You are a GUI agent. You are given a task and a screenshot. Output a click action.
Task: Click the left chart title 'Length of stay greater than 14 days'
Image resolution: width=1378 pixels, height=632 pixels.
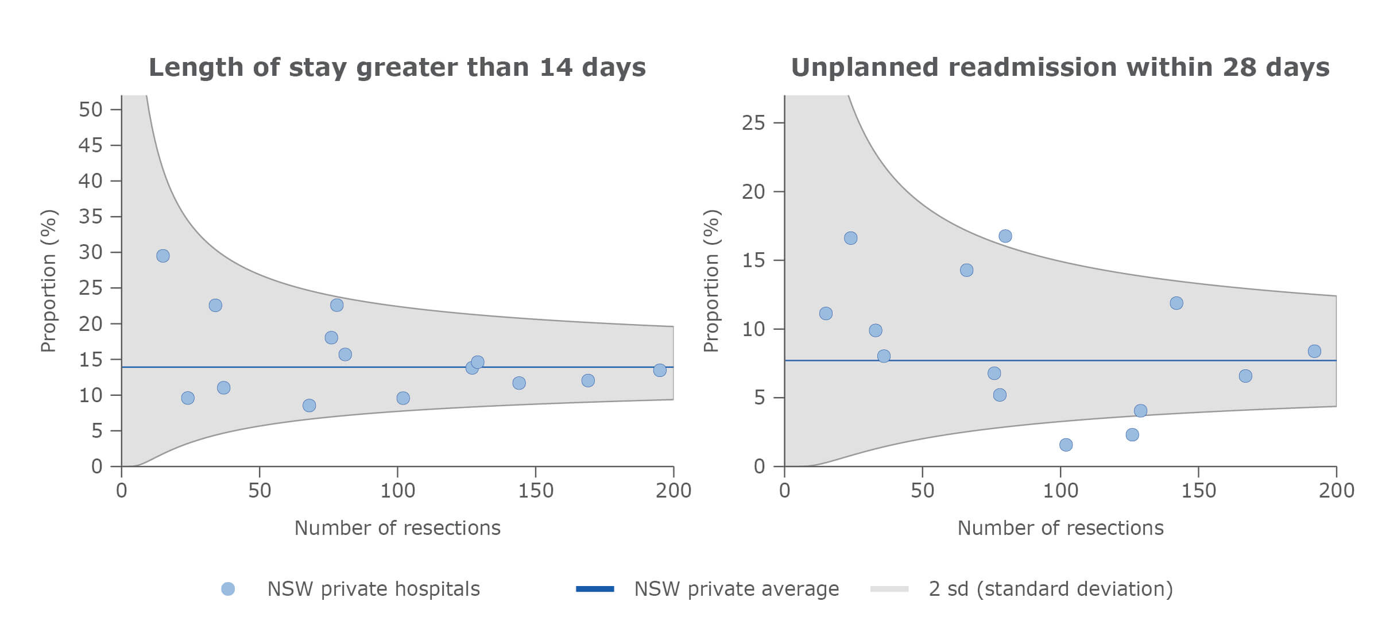pyautogui.click(x=397, y=67)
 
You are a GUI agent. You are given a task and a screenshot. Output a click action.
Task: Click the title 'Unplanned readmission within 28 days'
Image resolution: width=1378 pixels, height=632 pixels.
pyautogui.click(x=1060, y=67)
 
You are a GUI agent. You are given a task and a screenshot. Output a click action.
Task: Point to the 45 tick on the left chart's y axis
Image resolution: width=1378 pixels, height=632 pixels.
pyautogui.click(x=91, y=145)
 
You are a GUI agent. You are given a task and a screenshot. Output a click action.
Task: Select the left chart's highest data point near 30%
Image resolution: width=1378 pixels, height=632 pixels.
pyautogui.click(x=163, y=256)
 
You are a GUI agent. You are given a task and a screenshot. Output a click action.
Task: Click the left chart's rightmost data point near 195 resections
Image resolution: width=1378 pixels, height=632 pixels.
pyautogui.click(x=660, y=370)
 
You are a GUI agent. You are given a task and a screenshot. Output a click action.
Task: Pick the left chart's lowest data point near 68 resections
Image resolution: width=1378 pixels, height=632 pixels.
pyautogui.click(x=309, y=406)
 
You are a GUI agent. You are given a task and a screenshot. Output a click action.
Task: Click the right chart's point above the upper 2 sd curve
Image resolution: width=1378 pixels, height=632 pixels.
pyautogui.click(x=1005, y=236)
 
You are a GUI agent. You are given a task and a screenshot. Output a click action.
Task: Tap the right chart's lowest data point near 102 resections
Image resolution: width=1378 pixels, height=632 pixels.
pyautogui.click(x=1066, y=445)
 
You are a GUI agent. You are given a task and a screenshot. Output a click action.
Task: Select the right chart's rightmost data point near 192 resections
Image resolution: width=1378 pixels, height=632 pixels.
pyautogui.click(x=1314, y=351)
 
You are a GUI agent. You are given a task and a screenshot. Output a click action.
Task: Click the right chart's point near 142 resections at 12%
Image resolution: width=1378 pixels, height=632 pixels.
pyautogui.click(x=1176, y=303)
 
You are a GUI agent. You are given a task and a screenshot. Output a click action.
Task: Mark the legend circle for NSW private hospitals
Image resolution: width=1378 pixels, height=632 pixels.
pyautogui.click(x=228, y=589)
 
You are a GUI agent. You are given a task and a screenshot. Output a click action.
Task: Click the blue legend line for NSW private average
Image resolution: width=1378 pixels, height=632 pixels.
pyautogui.click(x=595, y=589)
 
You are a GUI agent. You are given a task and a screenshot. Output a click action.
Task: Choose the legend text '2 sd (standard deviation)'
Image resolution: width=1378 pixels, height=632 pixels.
pyautogui.click(x=1051, y=589)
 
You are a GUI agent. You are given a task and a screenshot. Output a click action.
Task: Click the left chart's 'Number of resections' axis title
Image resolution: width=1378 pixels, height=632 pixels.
pyautogui.click(x=397, y=528)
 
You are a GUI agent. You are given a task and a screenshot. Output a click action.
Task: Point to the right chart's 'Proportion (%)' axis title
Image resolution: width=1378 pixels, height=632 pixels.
pyautogui.click(x=711, y=280)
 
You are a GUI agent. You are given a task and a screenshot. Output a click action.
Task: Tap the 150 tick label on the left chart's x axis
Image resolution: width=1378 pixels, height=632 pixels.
pyautogui.click(x=535, y=491)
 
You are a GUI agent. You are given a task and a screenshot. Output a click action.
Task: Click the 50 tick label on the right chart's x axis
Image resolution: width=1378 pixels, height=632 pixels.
pyautogui.click(x=922, y=491)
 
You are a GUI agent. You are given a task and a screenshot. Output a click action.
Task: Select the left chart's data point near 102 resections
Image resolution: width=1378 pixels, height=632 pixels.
pyautogui.click(x=403, y=398)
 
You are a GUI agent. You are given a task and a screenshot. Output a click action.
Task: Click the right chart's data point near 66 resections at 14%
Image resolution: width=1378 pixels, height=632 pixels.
pyautogui.click(x=966, y=270)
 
